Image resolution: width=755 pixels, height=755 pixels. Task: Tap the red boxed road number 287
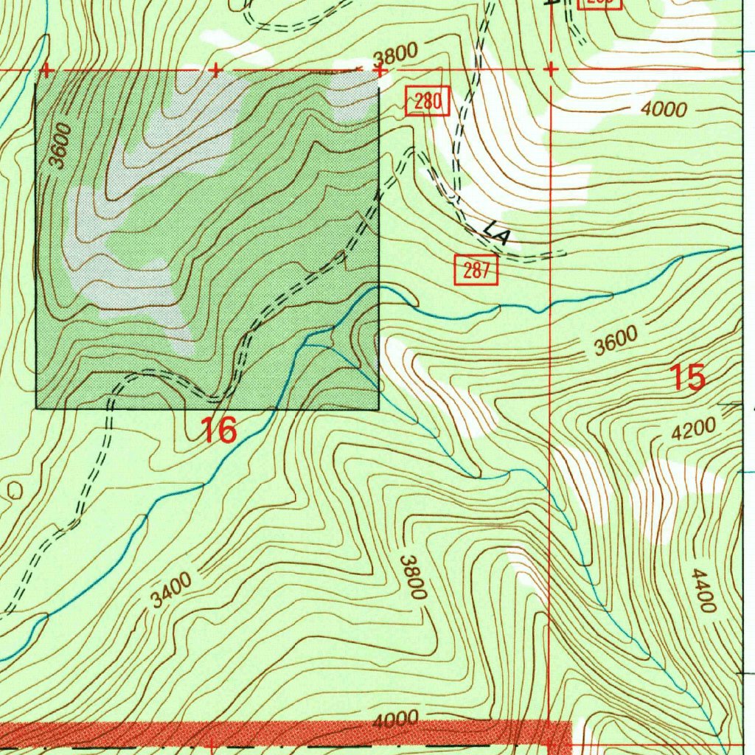tap(476, 271)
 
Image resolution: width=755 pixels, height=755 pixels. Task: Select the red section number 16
tap(219, 430)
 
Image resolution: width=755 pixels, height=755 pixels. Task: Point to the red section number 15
tap(687, 377)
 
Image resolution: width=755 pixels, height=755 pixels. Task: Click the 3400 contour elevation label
tap(172, 590)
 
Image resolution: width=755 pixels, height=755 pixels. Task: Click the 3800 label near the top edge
tap(395, 55)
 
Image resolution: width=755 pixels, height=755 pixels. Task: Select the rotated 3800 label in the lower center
tap(413, 577)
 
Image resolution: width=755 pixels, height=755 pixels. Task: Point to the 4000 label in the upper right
tap(664, 110)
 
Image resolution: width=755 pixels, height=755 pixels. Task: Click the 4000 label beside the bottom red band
tap(395, 720)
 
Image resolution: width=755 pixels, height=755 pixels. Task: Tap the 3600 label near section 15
tap(616, 341)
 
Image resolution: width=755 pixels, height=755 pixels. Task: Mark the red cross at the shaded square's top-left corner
tap(46, 70)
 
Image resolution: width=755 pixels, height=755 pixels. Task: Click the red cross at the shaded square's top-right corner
tap(380, 70)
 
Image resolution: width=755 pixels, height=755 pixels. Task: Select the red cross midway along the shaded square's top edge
tap(215, 70)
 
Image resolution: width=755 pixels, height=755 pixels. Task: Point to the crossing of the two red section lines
tap(551, 69)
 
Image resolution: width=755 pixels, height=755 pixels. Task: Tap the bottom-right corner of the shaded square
tap(379, 408)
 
